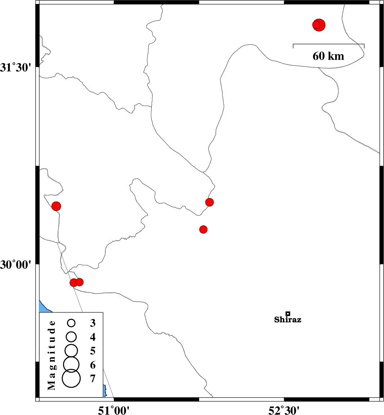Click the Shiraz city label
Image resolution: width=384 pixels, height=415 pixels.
pyautogui.click(x=288, y=320)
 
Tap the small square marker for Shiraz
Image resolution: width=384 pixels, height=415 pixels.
pyautogui.click(x=288, y=314)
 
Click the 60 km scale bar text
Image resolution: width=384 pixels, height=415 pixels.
pyautogui.click(x=329, y=56)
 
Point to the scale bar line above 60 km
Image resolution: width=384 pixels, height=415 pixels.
pyautogui.click(x=329, y=44)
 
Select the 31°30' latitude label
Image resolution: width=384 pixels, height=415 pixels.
pyautogui.click(x=15, y=68)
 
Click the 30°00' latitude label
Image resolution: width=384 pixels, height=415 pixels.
pyautogui.click(x=15, y=264)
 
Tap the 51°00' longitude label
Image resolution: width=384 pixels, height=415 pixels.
pyautogui.click(x=114, y=410)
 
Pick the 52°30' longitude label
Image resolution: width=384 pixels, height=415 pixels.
pyautogui.click(x=284, y=410)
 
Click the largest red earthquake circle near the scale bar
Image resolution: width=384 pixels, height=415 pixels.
pyautogui.click(x=319, y=25)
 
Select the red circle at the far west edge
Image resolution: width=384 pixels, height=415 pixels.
pyautogui.click(x=56, y=206)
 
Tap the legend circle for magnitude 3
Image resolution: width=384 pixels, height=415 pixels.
pyautogui.click(x=71, y=323)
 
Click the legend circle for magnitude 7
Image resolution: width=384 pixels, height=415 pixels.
pyautogui.click(x=71, y=379)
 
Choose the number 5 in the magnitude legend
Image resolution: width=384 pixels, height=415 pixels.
pyautogui.click(x=93, y=351)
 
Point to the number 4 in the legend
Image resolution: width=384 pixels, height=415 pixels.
pyautogui.click(x=93, y=337)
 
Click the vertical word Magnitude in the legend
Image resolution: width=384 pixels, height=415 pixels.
pyautogui.click(x=52, y=355)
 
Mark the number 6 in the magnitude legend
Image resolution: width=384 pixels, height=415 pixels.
pyautogui.click(x=93, y=365)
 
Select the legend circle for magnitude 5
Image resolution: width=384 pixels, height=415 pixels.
pyautogui.click(x=71, y=350)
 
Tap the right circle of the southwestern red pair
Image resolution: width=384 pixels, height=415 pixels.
pyautogui.click(x=79, y=282)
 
